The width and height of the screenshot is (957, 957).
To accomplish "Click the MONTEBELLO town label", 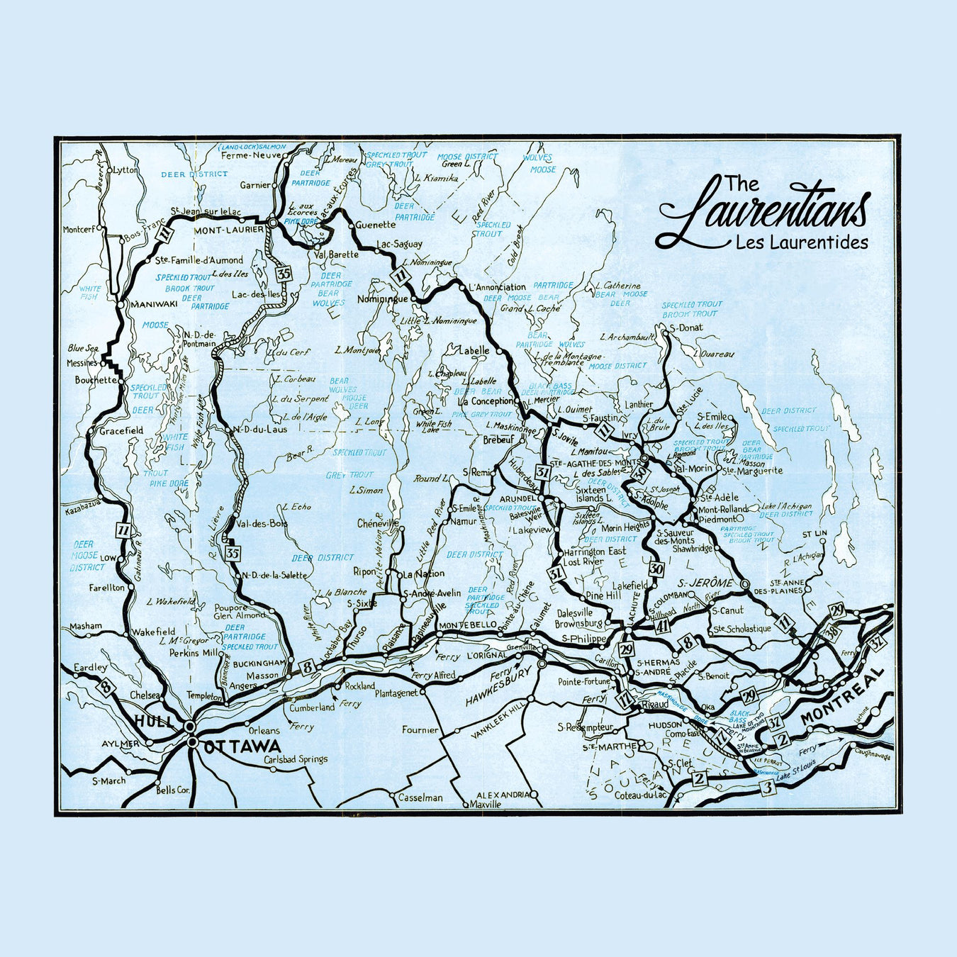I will (468, 625).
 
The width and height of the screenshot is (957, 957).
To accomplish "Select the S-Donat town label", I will (686, 328).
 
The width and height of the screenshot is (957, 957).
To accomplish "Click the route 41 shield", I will (663, 625).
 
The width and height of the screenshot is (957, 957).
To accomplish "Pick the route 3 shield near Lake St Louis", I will (766, 787).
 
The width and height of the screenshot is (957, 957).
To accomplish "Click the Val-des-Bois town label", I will (262, 524).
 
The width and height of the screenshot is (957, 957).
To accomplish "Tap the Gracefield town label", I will (121, 430).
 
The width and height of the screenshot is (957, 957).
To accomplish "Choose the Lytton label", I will (125, 170).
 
